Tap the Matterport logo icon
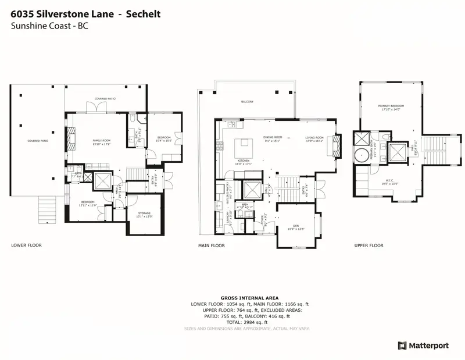coord(402,345)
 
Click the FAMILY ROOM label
coord(102,140)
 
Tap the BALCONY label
coord(248,102)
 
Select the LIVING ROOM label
coord(315,137)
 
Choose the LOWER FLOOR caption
coord(24,245)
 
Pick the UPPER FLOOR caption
coord(369,245)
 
